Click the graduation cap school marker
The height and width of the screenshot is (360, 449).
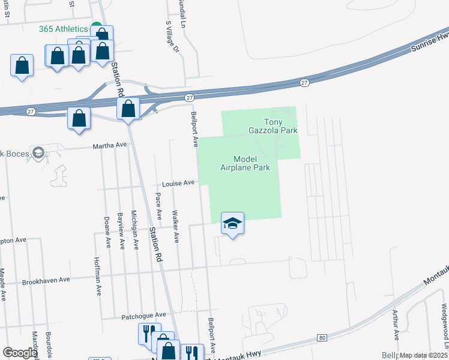click(x=232, y=224)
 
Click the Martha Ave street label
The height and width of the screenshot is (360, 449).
click(x=109, y=145)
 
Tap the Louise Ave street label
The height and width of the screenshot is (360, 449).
click(x=179, y=183)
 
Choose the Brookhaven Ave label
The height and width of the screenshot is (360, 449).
click(x=46, y=280)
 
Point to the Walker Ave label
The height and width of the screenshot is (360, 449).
click(x=175, y=226)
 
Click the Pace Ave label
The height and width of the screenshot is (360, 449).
click(x=158, y=206)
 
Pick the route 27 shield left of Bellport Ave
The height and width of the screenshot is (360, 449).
click(x=189, y=97)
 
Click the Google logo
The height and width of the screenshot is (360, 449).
click(x=20, y=353)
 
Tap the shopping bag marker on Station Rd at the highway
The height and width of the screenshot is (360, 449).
click(x=128, y=109)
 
